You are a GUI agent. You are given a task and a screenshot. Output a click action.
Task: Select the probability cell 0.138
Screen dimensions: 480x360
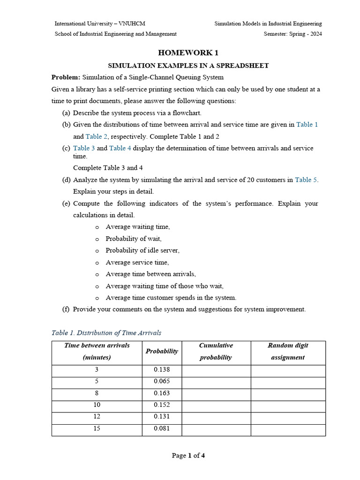[x=162, y=370]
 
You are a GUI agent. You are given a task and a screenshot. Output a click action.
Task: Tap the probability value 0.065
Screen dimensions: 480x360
[x=162, y=382]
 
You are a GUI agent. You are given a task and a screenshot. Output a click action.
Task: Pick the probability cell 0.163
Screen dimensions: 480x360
[x=162, y=393]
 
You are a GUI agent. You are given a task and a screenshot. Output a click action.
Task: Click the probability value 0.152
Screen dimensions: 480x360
[x=162, y=405]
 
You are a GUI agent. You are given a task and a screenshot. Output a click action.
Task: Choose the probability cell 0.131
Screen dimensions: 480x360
[x=162, y=417]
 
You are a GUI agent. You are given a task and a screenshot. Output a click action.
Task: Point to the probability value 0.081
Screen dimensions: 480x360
[x=162, y=428]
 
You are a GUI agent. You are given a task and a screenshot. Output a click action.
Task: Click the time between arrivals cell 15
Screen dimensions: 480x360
[x=97, y=428]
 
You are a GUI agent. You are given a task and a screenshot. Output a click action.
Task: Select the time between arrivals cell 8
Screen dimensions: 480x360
[x=97, y=393]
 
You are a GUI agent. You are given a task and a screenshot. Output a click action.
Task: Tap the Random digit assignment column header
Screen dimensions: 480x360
[x=287, y=351]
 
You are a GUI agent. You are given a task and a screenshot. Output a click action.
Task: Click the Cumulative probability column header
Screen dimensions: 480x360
[x=216, y=351]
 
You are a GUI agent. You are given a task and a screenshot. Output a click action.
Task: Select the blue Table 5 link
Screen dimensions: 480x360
[x=306, y=180]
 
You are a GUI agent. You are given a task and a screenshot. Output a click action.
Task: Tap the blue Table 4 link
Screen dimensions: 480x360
[x=120, y=148]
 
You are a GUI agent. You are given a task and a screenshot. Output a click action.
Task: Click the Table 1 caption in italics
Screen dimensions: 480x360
[x=106, y=333]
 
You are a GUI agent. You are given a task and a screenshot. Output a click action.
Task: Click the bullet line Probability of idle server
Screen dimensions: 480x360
[x=142, y=250]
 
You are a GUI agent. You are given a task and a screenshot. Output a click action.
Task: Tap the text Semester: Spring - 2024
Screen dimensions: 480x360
[x=292, y=34]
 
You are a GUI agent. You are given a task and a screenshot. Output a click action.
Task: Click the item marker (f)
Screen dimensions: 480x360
[x=66, y=309]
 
